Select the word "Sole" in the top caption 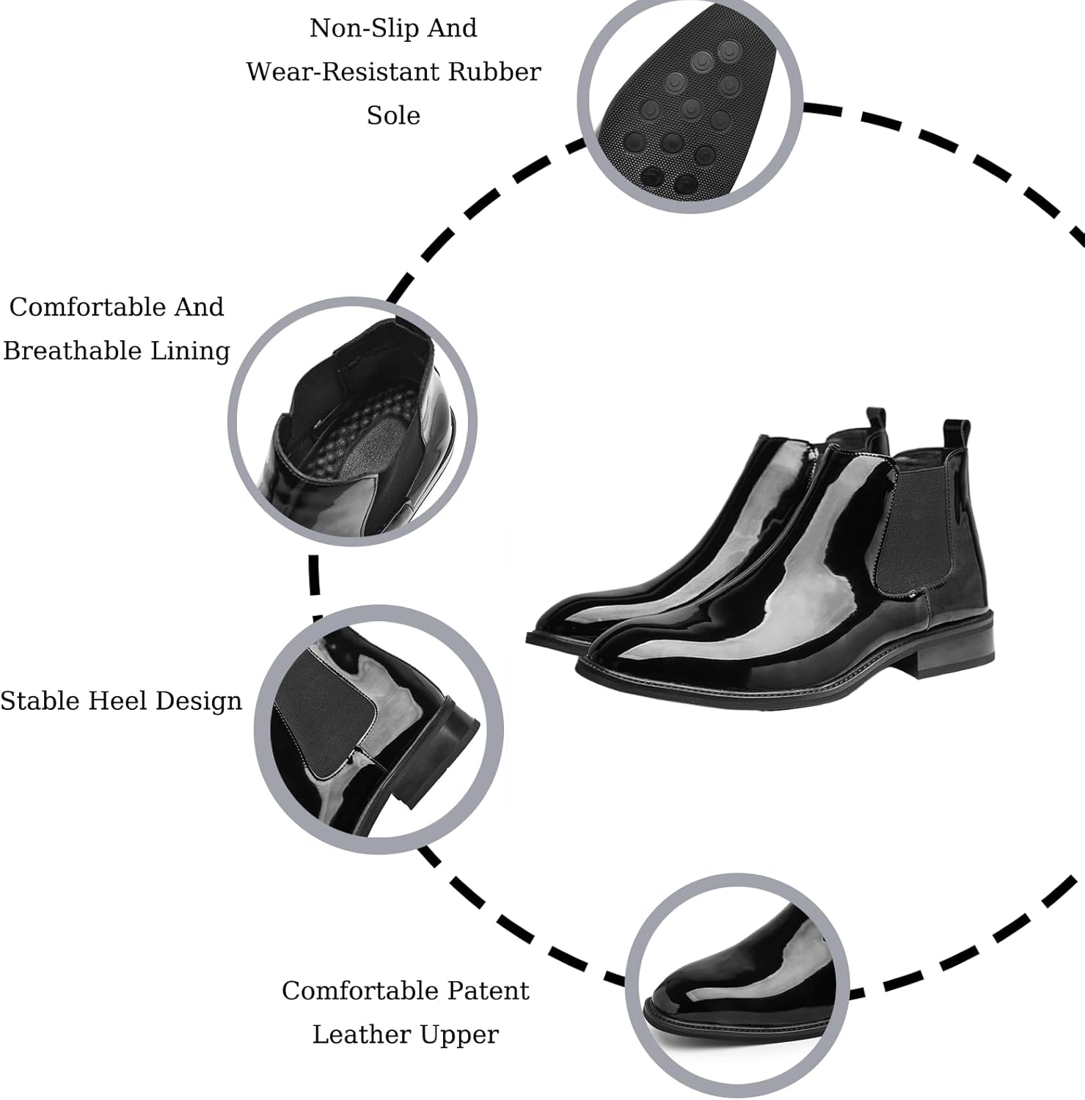coord(393,116)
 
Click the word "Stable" coord(40,701)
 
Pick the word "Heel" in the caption coord(118,701)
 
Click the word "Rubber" coord(494,72)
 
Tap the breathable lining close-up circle coord(353,422)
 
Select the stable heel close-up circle coord(379,730)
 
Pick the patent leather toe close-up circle coord(737,986)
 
